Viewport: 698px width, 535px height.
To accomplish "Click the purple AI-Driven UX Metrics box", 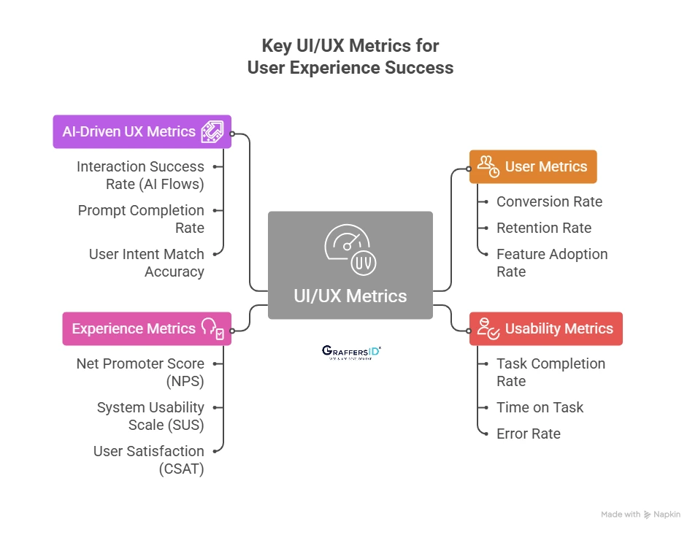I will [142, 131].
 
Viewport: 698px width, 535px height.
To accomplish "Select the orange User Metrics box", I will [532, 166].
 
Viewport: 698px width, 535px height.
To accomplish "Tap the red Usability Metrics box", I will [545, 328].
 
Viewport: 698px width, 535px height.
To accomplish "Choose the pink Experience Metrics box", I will [146, 328].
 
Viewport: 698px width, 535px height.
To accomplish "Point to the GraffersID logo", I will [351, 352].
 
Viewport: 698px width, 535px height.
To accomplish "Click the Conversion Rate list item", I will [549, 201].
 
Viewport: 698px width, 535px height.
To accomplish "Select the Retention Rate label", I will [543, 228].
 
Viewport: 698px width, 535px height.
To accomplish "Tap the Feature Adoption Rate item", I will [551, 263].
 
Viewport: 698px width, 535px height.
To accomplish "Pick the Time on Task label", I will [540, 407].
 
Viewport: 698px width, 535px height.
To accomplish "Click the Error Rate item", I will [528, 434].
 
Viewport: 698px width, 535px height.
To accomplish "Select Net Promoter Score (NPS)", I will [140, 372].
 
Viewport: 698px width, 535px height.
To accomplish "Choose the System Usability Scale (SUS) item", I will [150, 416].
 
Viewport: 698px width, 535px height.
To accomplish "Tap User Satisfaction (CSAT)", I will [148, 460].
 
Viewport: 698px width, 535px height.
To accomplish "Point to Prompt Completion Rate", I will [141, 219].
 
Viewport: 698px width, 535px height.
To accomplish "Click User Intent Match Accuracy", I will [146, 263].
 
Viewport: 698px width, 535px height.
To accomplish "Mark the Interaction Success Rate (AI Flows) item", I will [140, 175].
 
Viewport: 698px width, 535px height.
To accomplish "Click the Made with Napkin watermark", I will [640, 515].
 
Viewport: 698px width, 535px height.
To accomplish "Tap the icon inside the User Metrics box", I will [488, 166].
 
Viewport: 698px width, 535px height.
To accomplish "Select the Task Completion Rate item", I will [551, 372].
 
